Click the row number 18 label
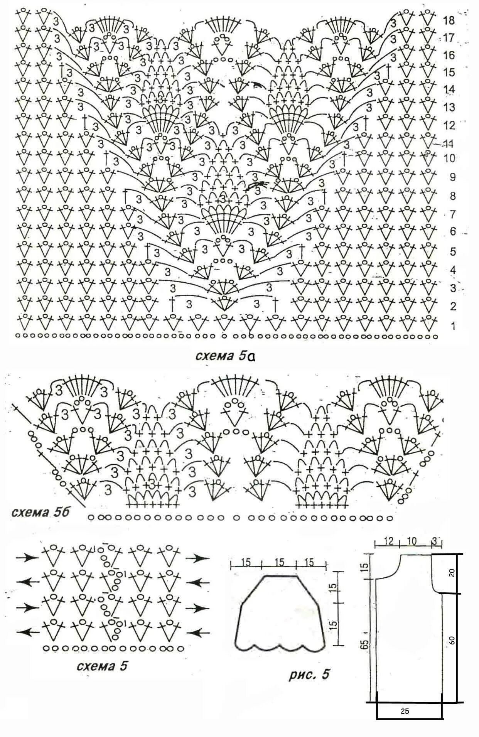click(x=450, y=20)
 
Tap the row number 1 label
click(x=453, y=326)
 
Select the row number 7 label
click(x=452, y=214)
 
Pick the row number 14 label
click(x=450, y=90)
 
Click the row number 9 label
click(x=452, y=177)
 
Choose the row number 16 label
click(x=450, y=55)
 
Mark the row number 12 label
click(x=450, y=125)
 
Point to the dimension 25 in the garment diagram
click(x=405, y=712)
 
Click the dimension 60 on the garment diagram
click(x=452, y=640)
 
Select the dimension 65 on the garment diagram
click(x=367, y=643)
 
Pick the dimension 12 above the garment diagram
click(x=388, y=541)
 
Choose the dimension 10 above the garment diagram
click(x=412, y=541)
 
